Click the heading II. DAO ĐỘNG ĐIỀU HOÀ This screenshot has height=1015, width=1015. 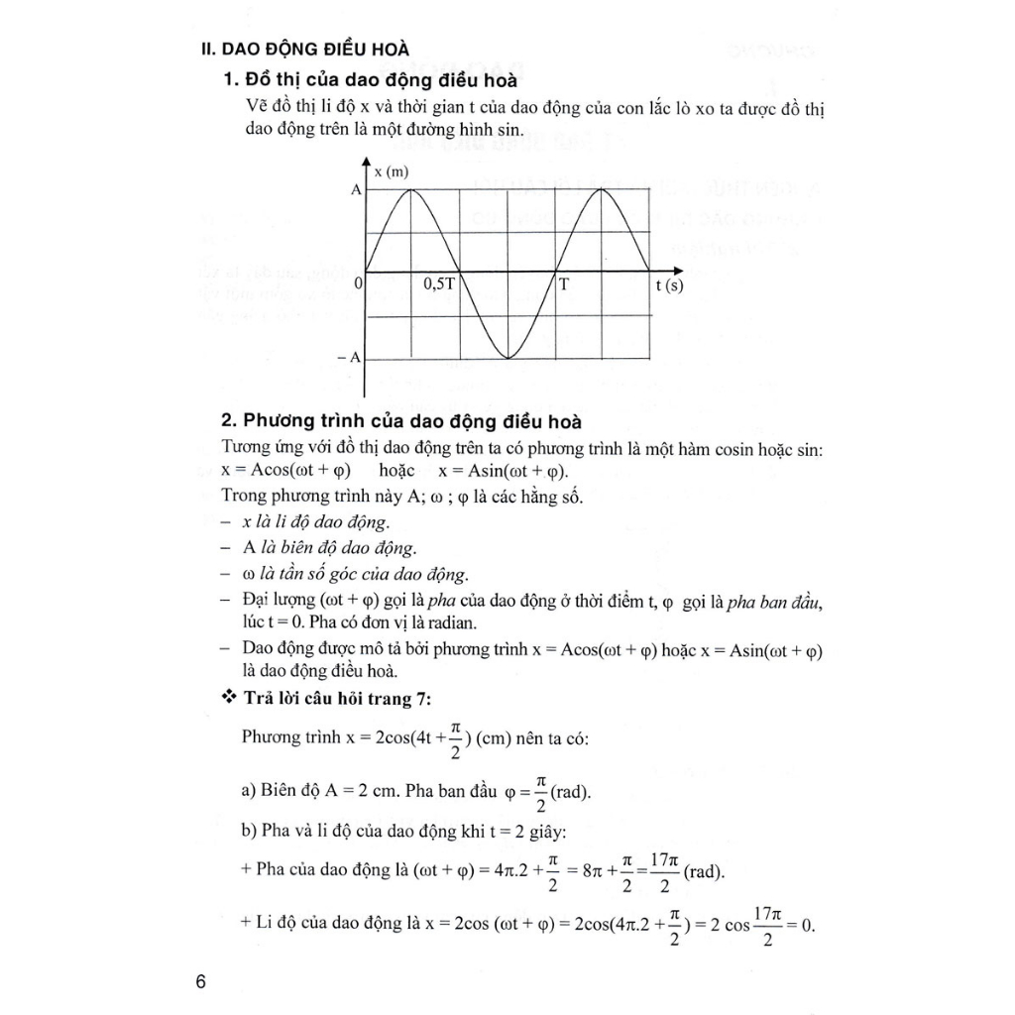click(302, 48)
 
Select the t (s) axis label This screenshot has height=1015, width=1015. click(669, 285)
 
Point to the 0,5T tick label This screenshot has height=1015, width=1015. click(439, 284)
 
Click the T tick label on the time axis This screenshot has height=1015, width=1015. click(564, 284)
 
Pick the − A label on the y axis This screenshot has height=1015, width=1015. click(348, 357)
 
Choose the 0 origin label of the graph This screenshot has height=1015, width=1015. click(358, 283)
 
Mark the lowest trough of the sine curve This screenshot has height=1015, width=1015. click(507, 357)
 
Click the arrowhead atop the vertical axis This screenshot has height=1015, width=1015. click(367, 162)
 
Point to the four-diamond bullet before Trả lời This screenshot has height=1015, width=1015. click(228, 700)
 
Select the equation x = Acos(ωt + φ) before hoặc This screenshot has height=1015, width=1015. click(285, 471)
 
